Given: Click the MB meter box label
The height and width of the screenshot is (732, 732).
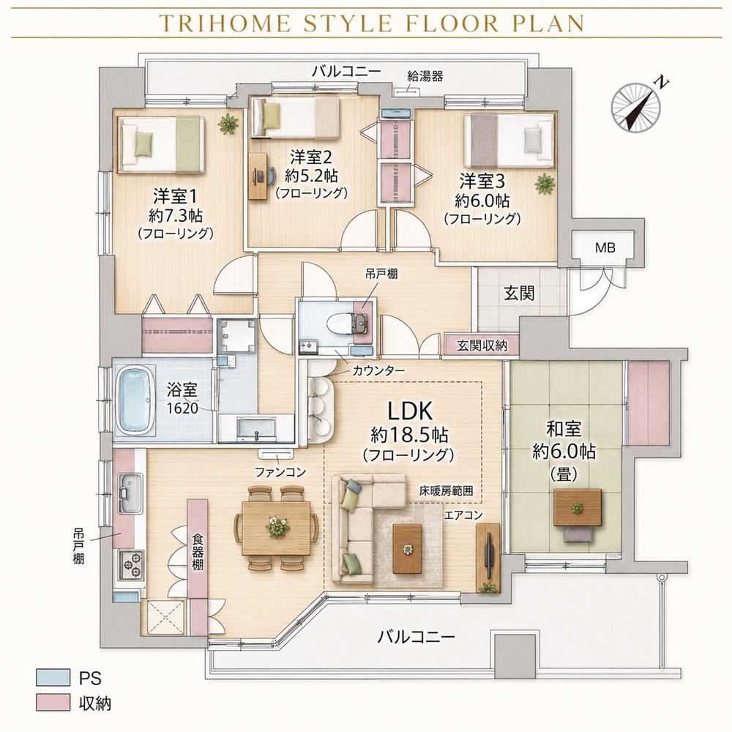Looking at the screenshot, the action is point(605,248).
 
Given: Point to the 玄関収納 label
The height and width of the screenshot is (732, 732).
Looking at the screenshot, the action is point(482,346).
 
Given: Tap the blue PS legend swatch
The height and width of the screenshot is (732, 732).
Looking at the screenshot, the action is point(53,678).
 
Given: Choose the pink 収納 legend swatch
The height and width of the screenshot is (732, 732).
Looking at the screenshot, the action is point(53,703).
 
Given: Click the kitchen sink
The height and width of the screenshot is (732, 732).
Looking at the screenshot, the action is point(130,493).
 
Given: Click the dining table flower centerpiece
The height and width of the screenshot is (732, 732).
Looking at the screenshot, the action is point(277,527).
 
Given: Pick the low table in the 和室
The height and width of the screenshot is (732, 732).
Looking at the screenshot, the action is point(578,508).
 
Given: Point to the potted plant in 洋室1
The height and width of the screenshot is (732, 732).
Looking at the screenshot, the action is point(228,124).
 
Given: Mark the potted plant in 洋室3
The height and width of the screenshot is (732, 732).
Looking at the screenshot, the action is point(545,184).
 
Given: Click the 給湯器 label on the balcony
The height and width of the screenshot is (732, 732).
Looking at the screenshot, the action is point(425,76).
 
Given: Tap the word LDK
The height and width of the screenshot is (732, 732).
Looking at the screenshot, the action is point(410,411).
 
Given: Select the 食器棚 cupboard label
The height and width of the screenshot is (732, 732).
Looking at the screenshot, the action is point(198,551).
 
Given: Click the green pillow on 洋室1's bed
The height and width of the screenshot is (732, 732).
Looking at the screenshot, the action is point(144,143).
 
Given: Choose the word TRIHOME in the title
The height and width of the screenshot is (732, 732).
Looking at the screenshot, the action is point(225,23).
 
